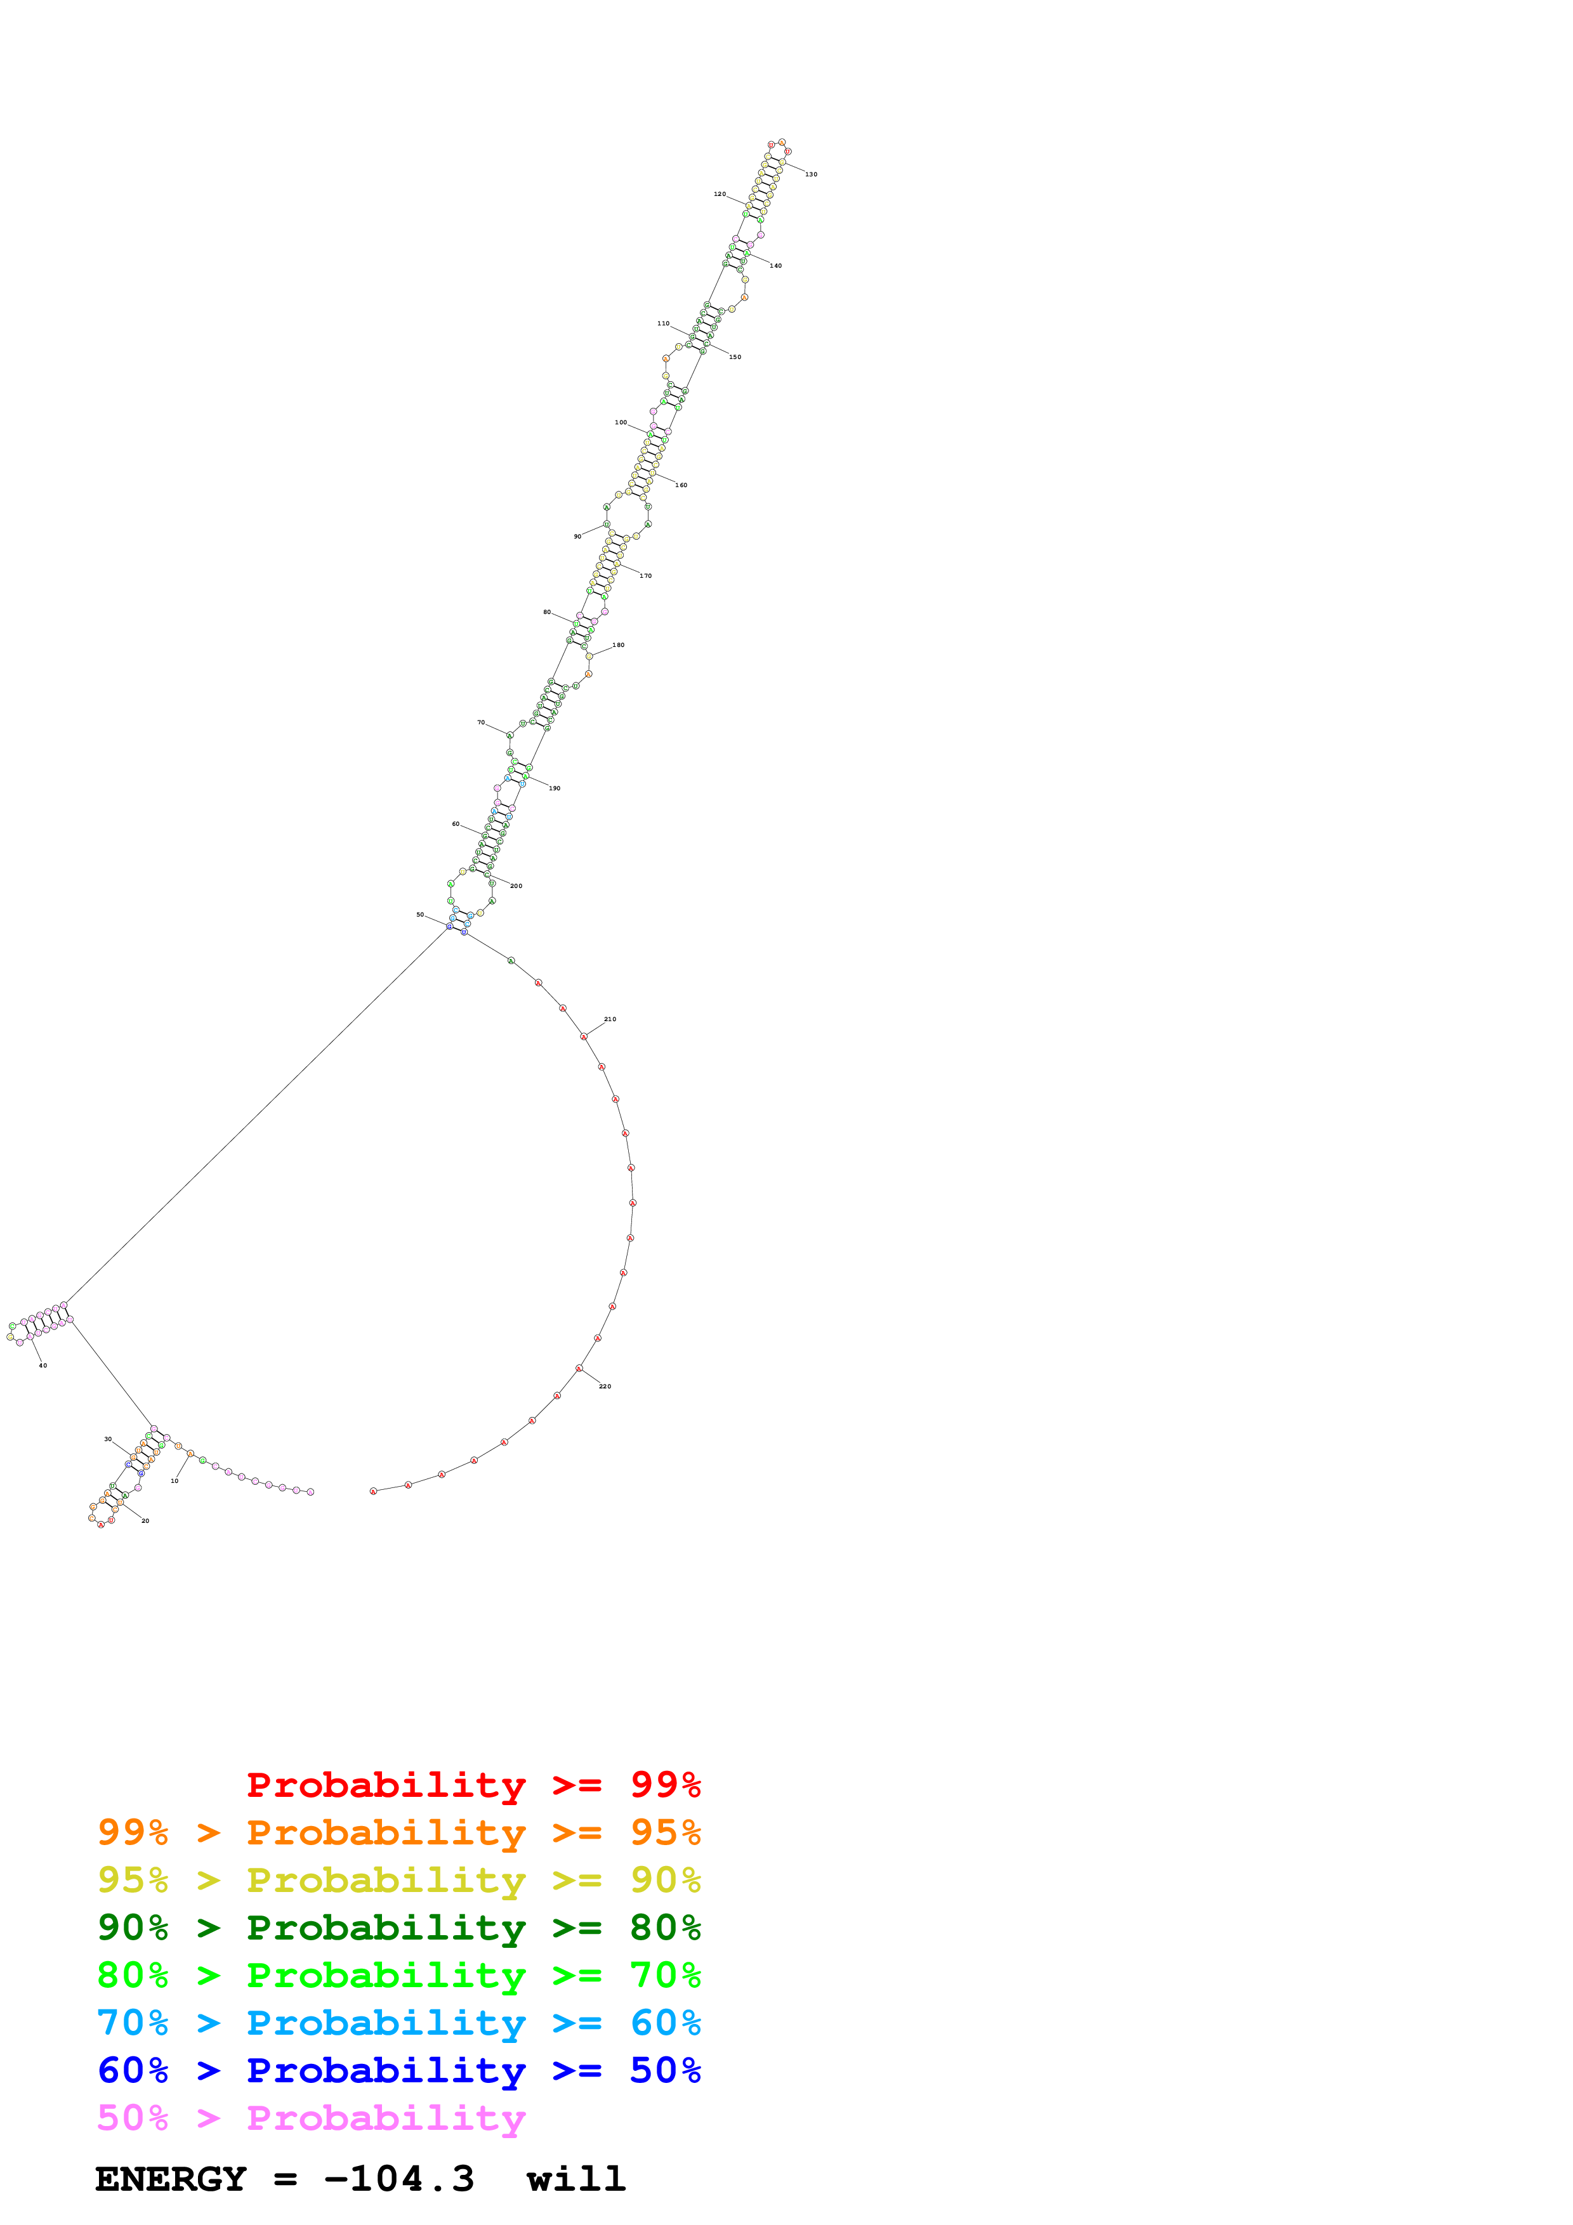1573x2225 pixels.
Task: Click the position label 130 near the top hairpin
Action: coord(810,174)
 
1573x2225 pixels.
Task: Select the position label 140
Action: coord(775,266)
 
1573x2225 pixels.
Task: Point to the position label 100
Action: coord(621,422)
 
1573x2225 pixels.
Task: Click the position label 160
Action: coord(681,485)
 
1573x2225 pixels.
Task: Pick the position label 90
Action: coord(577,537)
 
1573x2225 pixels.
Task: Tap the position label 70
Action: coord(481,723)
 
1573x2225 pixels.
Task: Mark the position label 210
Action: coord(610,1019)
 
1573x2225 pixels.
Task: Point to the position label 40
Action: coord(43,1366)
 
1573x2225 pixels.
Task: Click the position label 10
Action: coord(174,1481)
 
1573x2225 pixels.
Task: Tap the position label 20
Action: coord(145,1522)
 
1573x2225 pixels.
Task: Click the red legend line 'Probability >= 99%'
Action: coord(473,1785)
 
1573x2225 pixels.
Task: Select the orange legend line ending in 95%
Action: coord(398,1832)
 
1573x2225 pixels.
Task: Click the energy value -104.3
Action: coord(399,2179)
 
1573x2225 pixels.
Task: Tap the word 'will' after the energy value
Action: coord(576,2179)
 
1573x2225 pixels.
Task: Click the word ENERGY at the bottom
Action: coord(171,2179)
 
